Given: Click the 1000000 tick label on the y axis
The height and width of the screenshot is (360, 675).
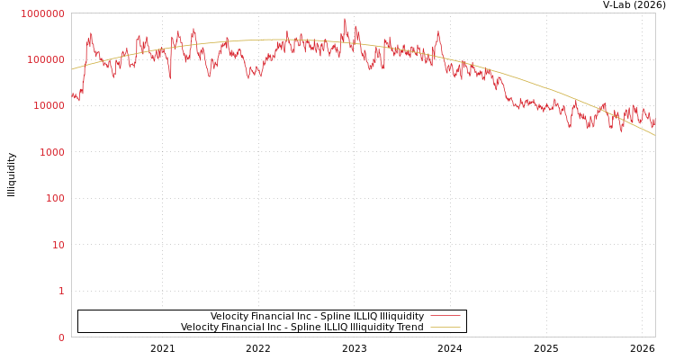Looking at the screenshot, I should click(x=42, y=13).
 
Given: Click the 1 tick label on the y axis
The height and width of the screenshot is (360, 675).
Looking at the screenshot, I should click(x=61, y=291).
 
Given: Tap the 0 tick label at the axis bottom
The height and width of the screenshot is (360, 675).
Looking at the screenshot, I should click(x=61, y=337).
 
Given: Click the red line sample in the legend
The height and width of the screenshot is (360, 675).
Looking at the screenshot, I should click(x=445, y=316).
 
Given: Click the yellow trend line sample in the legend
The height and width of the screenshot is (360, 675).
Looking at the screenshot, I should click(x=445, y=327).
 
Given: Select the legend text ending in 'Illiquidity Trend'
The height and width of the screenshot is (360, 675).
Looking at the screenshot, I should click(x=301, y=327).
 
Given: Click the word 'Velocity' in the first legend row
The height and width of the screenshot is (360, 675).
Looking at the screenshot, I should click(x=230, y=316).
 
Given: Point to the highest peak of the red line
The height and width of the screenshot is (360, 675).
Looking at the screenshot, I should click(x=345, y=19).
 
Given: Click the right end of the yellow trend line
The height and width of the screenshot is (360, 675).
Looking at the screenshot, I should click(x=654, y=135).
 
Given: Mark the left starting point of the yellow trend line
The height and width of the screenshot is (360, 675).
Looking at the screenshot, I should click(x=72, y=69).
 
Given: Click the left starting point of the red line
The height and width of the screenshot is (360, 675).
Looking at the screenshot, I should click(x=72, y=94).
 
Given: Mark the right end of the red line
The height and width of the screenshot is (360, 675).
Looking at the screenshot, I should click(x=654, y=117).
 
